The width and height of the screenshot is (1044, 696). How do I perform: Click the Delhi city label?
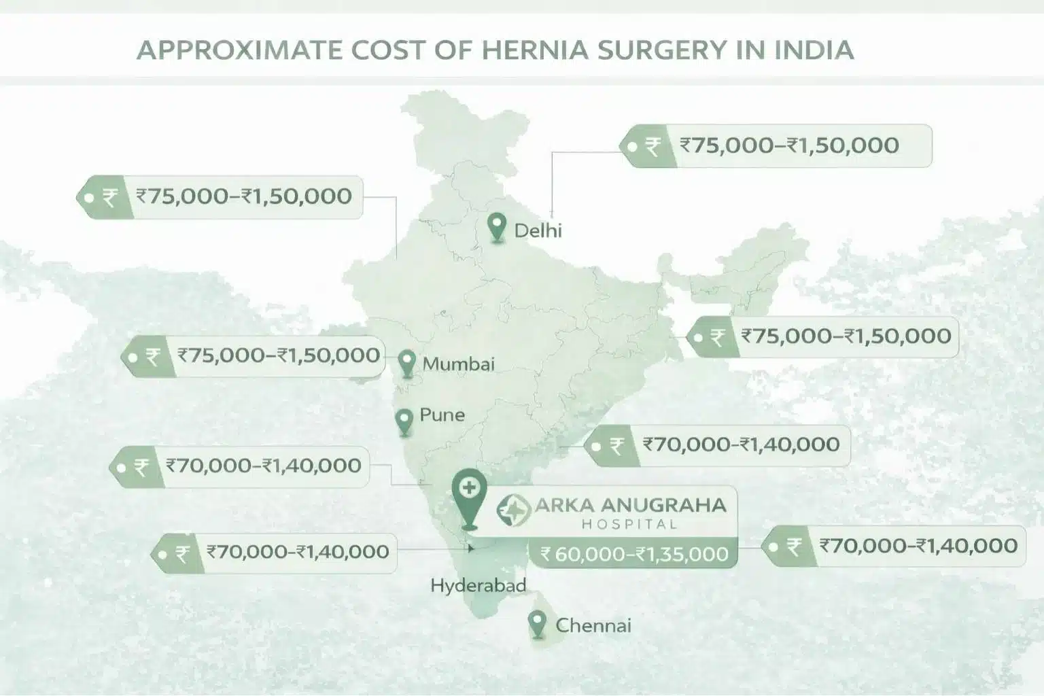pyautogui.click(x=538, y=230)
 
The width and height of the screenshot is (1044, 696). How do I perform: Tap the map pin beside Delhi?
pyautogui.click(x=498, y=228)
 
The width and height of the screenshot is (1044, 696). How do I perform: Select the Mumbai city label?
pyautogui.click(x=458, y=364)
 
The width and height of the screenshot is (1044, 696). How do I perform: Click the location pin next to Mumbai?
pyautogui.click(x=406, y=363)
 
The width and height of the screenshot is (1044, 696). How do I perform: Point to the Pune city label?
pyautogui.click(x=442, y=415)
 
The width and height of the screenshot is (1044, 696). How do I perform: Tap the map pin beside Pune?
pyautogui.click(x=404, y=421)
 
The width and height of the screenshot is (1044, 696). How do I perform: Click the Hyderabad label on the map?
pyautogui.click(x=478, y=585)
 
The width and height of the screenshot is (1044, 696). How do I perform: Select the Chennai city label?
pyautogui.click(x=593, y=625)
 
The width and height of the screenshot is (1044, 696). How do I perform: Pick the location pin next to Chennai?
pyautogui.click(x=538, y=623)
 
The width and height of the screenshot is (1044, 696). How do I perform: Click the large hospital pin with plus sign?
pyautogui.click(x=469, y=496)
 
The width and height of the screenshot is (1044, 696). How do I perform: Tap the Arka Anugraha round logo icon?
pyautogui.click(x=514, y=510)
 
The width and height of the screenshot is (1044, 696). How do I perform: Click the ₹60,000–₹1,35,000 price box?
pyautogui.click(x=633, y=554)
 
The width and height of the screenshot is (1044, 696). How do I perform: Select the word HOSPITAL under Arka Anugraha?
pyautogui.click(x=629, y=524)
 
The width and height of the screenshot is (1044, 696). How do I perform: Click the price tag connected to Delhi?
pyautogui.click(x=776, y=145)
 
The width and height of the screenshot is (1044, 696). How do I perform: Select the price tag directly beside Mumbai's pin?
pyautogui.click(x=253, y=355)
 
